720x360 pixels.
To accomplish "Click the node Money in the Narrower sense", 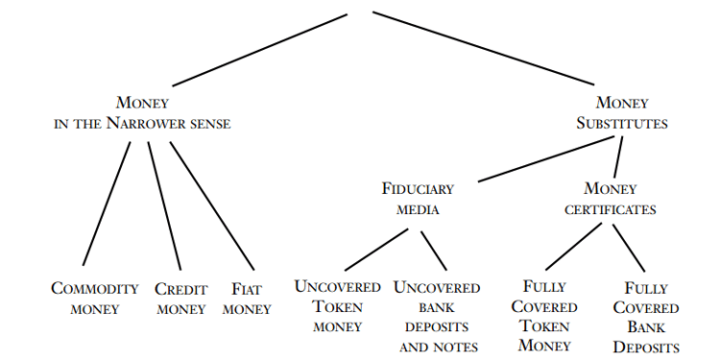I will click(x=142, y=112).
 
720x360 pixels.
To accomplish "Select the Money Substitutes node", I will click(x=622, y=112).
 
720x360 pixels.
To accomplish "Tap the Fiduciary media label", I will click(x=417, y=199).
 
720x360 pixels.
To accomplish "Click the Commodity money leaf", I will click(x=94, y=299).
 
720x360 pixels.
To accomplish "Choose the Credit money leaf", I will click(x=180, y=299).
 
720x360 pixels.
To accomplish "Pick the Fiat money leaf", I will click(x=247, y=299).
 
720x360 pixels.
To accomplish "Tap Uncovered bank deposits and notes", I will click(x=438, y=316).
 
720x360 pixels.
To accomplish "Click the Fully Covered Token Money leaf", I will click(x=543, y=316).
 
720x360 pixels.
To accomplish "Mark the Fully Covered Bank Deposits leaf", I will click(x=646, y=318).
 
